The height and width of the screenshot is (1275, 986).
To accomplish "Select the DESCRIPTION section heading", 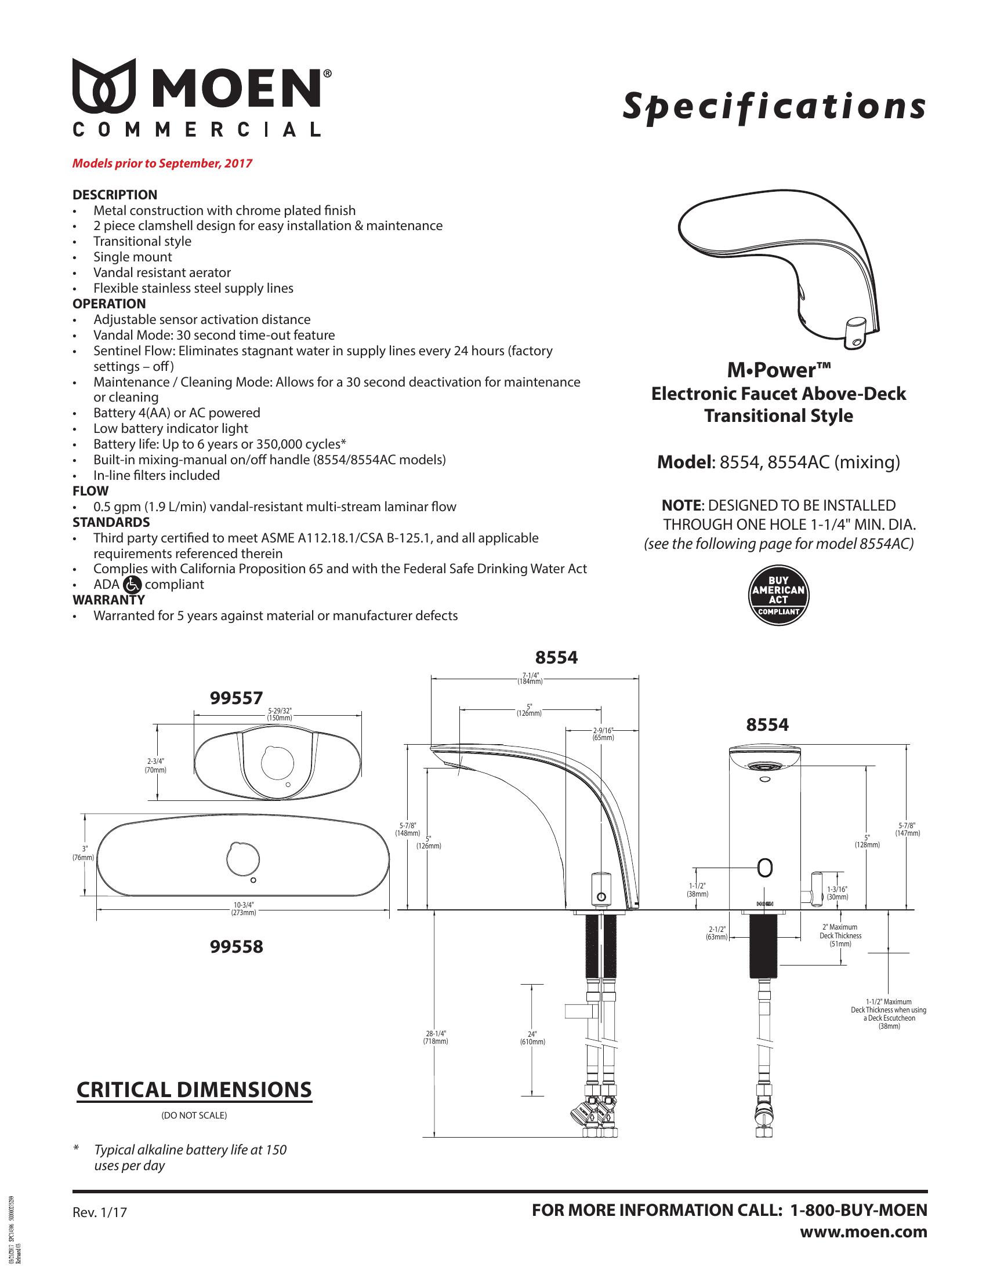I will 114,195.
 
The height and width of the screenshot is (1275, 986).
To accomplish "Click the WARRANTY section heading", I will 108,600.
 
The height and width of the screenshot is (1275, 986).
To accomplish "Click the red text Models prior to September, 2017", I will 162,163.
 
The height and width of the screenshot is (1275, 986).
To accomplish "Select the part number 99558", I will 236,946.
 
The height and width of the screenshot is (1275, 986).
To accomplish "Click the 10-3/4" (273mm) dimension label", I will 244,908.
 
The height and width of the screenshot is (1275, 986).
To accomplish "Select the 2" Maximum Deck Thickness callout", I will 840,935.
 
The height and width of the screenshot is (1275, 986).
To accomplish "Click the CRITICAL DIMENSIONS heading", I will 194,1090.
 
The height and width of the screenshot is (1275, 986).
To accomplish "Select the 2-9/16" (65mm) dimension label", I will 603,734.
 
